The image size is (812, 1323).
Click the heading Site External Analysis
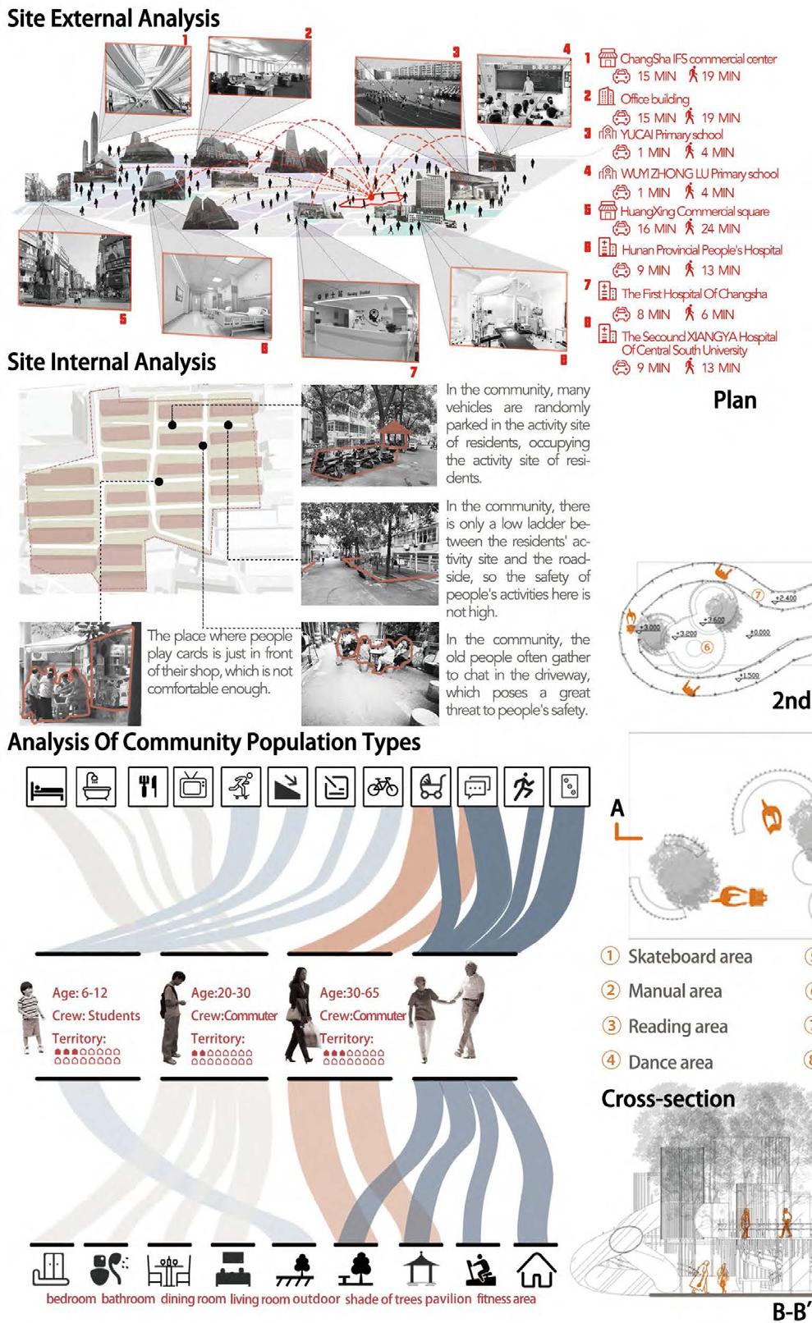click(x=113, y=18)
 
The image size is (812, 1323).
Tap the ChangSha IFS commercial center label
click(x=697, y=59)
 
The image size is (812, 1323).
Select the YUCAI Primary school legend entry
click(x=672, y=135)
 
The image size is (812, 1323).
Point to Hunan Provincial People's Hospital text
click(x=701, y=250)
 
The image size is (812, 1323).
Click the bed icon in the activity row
click(x=46, y=787)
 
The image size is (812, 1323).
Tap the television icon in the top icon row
click(x=195, y=787)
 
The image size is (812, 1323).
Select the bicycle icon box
click(x=383, y=787)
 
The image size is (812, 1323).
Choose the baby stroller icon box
click(x=431, y=787)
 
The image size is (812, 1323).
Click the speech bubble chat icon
click(x=477, y=787)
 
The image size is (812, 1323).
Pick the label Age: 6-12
click(x=80, y=993)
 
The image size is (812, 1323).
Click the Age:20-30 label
click(x=221, y=993)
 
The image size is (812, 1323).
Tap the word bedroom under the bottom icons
click(x=71, y=1299)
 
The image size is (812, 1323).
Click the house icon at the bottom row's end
click(x=536, y=1269)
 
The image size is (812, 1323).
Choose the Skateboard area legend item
click(x=690, y=957)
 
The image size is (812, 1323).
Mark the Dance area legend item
click(x=670, y=1063)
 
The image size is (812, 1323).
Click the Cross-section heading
click(x=667, y=1099)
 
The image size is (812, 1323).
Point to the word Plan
click(x=735, y=401)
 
